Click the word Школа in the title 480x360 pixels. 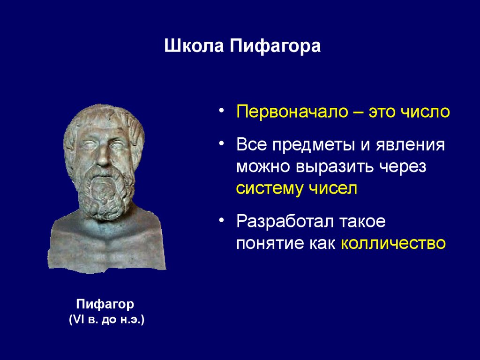194,46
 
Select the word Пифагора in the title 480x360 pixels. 275,46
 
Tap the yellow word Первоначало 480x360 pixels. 292,112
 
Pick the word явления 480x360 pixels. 410,145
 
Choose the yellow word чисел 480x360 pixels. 333,188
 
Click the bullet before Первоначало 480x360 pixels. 222,110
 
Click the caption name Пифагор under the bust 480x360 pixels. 105,304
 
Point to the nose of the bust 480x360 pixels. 103,156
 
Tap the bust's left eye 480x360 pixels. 118,144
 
